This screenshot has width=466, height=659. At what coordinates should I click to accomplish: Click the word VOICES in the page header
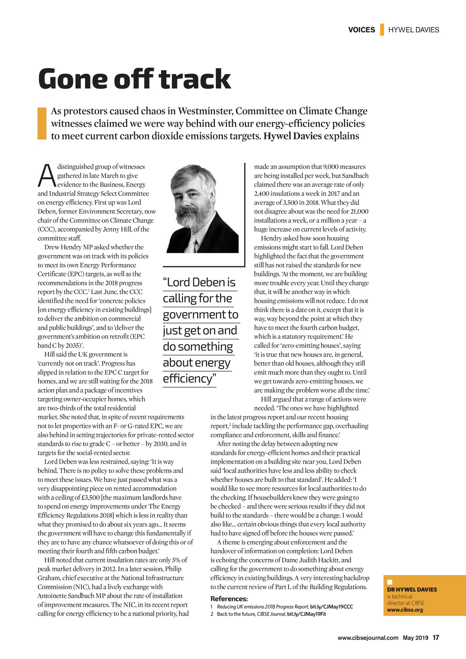[x=361, y=30]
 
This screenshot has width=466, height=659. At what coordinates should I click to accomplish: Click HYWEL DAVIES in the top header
[x=414, y=30]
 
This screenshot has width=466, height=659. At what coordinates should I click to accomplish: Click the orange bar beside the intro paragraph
[x=42, y=124]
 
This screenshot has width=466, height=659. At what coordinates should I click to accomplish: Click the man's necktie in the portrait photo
[x=192, y=244]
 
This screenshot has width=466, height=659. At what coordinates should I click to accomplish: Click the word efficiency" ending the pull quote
[x=189, y=379]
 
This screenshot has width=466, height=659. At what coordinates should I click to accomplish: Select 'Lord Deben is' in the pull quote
[x=200, y=283]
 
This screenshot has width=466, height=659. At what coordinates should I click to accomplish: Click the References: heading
[x=229, y=599]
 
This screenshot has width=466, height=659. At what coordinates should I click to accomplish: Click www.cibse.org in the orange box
[x=405, y=610]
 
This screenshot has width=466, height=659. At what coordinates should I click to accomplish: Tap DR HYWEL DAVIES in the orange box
[x=412, y=589]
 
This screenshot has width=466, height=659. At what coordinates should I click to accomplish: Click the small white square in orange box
[x=389, y=582]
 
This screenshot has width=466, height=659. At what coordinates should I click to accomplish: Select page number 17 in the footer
[x=436, y=637]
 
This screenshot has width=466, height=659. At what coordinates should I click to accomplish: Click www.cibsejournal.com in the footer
[x=368, y=638]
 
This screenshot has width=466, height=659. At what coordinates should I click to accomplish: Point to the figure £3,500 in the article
[x=92, y=497]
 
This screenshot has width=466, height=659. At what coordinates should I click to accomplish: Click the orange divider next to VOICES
[x=382, y=30]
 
